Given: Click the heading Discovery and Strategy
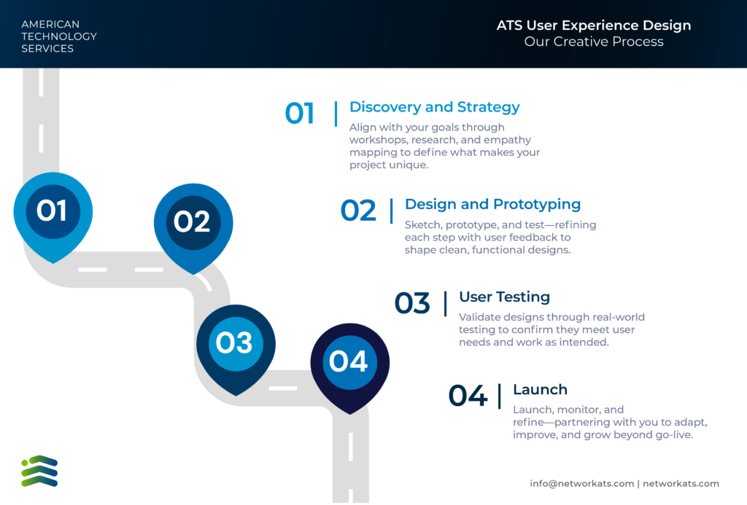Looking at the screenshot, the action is click(x=435, y=107).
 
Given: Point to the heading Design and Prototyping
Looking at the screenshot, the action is click(x=492, y=204).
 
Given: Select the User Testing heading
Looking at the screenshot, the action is click(x=505, y=297).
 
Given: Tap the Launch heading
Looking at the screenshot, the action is click(x=541, y=389).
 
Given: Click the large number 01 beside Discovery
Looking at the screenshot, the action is click(x=300, y=113).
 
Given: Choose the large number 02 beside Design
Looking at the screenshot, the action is click(x=358, y=211).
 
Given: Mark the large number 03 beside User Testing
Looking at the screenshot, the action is click(x=412, y=303).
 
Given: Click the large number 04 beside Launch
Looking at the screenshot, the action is click(x=468, y=396).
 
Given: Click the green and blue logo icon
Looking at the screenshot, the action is click(x=39, y=471).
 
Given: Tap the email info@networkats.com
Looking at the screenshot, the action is click(x=581, y=484).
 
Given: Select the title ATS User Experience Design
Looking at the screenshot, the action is click(x=594, y=26).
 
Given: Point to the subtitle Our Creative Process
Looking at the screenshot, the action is click(x=594, y=42).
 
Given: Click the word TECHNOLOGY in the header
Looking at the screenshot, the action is click(x=59, y=36).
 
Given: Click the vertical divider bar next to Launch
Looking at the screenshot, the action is click(x=500, y=396).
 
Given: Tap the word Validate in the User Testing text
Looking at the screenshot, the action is click(x=479, y=317).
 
